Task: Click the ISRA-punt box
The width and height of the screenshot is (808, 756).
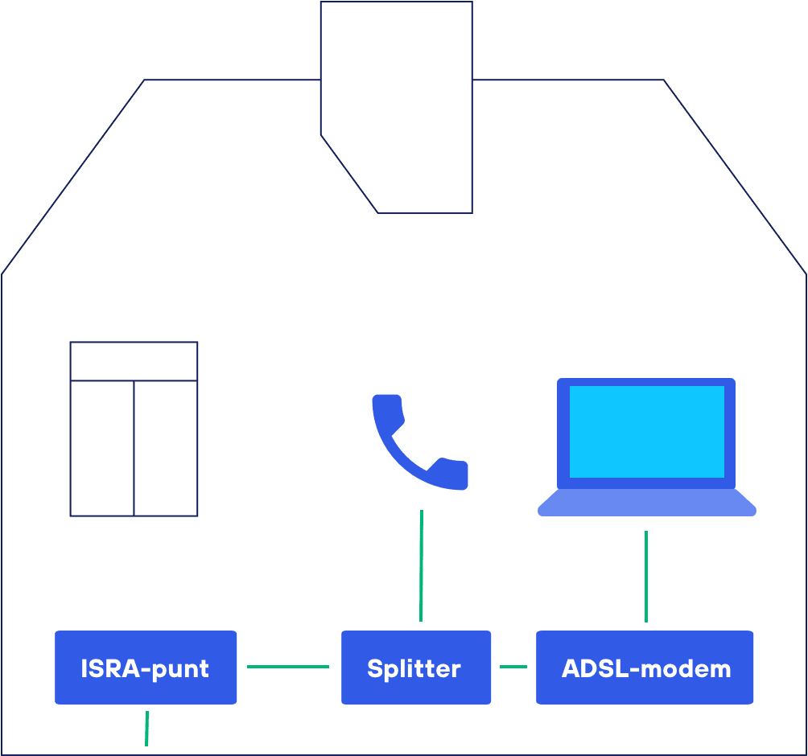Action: (x=146, y=667)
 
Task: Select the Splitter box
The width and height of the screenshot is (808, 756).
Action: (x=415, y=667)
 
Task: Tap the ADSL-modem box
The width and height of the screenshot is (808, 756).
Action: (x=645, y=667)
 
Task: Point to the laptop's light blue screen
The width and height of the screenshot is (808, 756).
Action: (x=646, y=431)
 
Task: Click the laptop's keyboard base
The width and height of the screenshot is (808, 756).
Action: (x=646, y=503)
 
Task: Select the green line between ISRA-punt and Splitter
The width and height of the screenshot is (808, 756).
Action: (x=288, y=666)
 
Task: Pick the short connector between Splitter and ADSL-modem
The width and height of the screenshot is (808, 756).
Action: (x=513, y=666)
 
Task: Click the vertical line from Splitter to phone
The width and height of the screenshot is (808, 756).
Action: (x=421, y=565)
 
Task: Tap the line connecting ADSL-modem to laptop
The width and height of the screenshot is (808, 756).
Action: (x=646, y=576)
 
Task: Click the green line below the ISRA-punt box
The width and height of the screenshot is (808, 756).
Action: (x=146, y=727)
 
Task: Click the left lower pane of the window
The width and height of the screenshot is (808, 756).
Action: (x=102, y=448)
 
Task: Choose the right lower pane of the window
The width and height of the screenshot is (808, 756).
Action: (x=166, y=448)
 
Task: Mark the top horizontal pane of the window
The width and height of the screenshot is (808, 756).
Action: (x=134, y=361)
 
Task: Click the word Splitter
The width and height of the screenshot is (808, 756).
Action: (x=414, y=668)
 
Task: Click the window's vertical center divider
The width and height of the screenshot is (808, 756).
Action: (x=134, y=448)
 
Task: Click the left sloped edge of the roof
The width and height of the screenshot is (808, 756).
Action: (x=72, y=177)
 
